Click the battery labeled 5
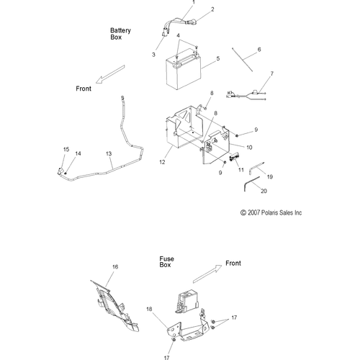point(183,70)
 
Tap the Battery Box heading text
point(120,34)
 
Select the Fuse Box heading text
point(167,262)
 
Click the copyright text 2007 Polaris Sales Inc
point(271,212)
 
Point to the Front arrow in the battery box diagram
point(110,74)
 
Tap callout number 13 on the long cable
point(109,153)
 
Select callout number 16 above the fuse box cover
point(115,266)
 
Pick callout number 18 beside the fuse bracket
point(149,309)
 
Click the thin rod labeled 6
point(242,60)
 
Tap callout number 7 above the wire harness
point(272,73)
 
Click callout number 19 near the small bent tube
point(270,177)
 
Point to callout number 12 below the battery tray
point(162,162)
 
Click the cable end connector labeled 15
point(60,172)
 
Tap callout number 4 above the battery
point(178,35)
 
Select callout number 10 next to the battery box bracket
point(249,148)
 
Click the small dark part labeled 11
point(234,158)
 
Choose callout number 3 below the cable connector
point(153,55)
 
